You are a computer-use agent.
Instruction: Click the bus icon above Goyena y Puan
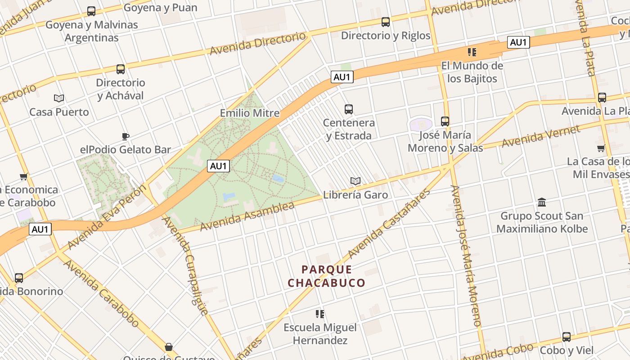91,11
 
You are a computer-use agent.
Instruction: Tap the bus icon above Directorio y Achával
120,69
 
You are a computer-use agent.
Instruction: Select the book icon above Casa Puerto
59,98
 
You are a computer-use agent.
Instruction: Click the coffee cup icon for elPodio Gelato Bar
126,136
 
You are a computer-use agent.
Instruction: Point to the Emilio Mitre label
249,113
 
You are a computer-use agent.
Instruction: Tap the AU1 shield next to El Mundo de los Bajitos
518,42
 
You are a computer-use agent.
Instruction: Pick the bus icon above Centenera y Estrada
348,109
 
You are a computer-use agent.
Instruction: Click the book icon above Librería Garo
355,181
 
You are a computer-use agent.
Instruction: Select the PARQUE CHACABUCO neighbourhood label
326,276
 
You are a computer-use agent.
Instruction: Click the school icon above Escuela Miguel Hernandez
320,314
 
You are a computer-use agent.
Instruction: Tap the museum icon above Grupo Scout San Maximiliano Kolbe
542,202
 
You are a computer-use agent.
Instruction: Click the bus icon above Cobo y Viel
566,337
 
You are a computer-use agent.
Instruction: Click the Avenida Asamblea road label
247,217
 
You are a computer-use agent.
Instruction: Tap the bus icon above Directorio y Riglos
385,22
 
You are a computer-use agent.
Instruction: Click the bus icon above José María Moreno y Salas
445,121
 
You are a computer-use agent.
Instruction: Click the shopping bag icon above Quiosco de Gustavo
168,347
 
